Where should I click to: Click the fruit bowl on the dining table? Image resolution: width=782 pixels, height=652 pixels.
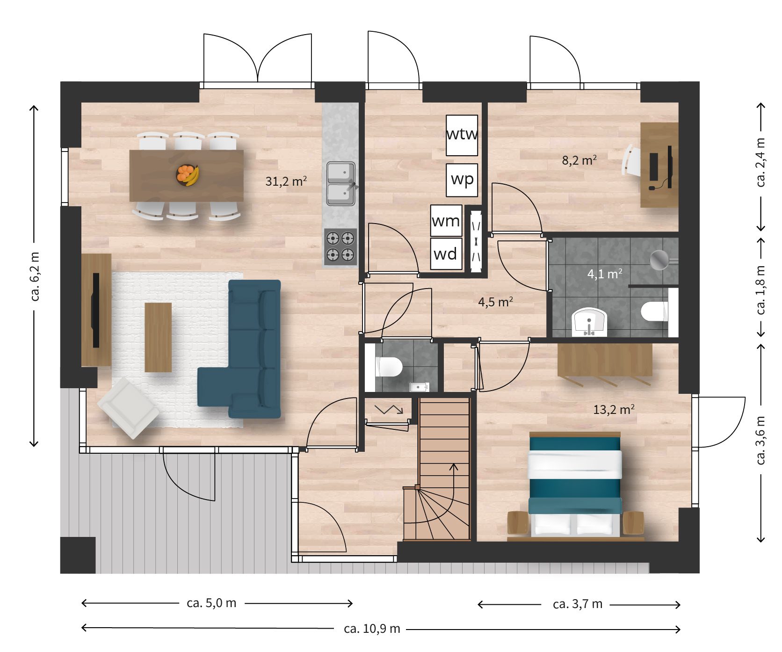[187, 175]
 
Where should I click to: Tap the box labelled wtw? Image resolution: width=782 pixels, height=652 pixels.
[462, 135]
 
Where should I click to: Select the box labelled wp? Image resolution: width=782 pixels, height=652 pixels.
[462, 180]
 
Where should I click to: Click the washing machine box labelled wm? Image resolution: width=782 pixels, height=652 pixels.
[446, 220]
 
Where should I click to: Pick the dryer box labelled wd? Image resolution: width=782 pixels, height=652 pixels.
[446, 254]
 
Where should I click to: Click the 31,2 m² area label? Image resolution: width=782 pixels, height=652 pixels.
[286, 181]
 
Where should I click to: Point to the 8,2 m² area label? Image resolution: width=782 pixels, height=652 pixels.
[579, 160]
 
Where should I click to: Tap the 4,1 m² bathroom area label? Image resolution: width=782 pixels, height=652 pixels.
[605, 274]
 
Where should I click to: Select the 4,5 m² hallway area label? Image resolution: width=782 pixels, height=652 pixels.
[495, 302]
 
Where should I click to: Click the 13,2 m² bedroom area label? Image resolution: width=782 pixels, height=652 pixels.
[614, 410]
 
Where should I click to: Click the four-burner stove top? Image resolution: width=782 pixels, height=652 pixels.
[340, 246]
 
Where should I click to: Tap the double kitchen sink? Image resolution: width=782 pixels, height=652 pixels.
[341, 183]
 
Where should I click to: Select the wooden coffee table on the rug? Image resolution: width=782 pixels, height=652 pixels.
[158, 337]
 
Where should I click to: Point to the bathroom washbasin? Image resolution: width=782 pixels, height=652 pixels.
[589, 322]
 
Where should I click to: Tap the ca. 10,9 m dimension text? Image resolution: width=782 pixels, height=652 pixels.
[372, 629]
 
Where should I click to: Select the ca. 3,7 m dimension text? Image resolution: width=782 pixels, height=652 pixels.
[577, 604]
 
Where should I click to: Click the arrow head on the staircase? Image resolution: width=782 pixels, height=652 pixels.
[454, 467]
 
